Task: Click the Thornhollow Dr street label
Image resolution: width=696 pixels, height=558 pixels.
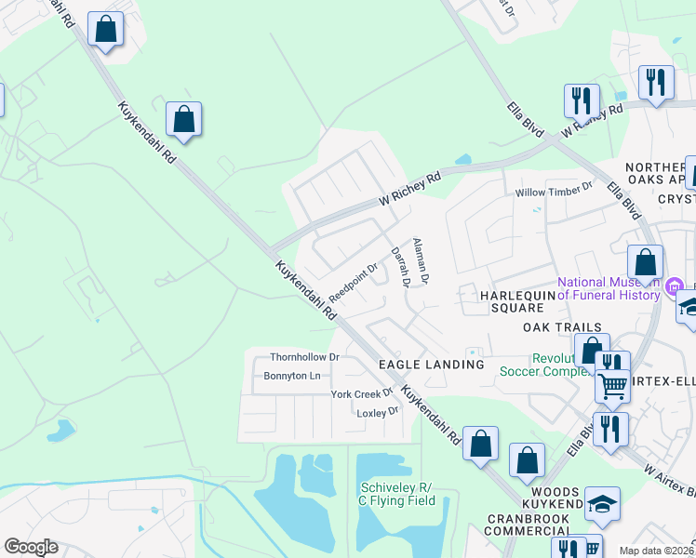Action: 305,357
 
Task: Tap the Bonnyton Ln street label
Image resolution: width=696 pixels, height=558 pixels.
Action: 292,376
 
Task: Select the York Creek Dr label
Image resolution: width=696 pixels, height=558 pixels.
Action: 363,394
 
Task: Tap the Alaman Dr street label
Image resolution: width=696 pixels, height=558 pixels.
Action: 420,260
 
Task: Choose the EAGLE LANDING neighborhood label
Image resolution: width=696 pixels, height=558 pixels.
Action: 431,365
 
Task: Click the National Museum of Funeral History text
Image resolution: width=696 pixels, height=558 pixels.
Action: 609,289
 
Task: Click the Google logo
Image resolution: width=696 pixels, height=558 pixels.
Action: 31,546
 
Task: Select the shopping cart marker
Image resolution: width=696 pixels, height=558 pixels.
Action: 612,385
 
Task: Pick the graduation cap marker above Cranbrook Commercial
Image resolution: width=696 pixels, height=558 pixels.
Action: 603,504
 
